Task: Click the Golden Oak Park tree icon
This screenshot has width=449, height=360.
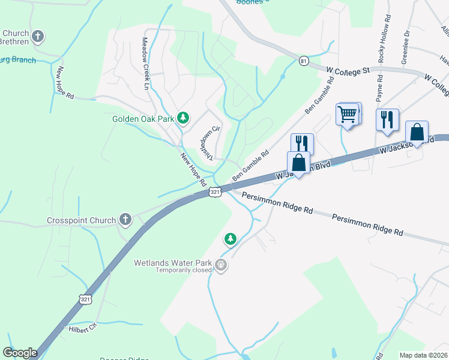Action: pyautogui.click(x=184, y=119)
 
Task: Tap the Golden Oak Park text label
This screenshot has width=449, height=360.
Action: pyautogui.click(x=143, y=119)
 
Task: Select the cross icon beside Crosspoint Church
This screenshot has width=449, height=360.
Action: pyautogui.click(x=125, y=220)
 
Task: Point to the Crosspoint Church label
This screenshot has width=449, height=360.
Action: pyautogui.click(x=81, y=220)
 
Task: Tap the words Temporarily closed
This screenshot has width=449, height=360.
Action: pyautogui.click(x=184, y=270)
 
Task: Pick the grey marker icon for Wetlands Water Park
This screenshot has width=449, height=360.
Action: pyautogui.click(x=221, y=265)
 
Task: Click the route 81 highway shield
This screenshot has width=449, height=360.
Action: pyautogui.click(x=304, y=61)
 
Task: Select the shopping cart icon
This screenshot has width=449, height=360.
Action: pyautogui.click(x=349, y=113)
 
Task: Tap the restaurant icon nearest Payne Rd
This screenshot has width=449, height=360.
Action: pyautogui.click(x=387, y=119)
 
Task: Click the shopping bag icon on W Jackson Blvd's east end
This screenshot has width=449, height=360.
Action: pyautogui.click(x=417, y=133)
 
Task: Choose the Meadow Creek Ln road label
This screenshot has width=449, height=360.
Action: pyautogui.click(x=145, y=63)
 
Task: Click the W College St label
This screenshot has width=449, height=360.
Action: pyautogui.click(x=348, y=71)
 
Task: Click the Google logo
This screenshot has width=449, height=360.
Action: pyautogui.click(x=19, y=353)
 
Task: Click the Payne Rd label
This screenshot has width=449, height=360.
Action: pyautogui.click(x=379, y=88)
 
